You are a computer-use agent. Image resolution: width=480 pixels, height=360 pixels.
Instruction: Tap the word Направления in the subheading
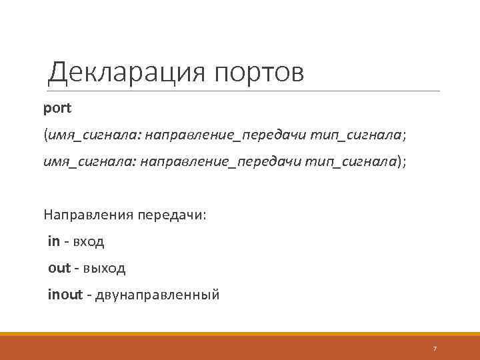[x=88, y=215]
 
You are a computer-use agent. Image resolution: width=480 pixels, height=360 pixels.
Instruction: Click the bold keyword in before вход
[x=54, y=241]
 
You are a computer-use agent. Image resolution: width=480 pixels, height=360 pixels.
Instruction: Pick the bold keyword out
[x=59, y=268]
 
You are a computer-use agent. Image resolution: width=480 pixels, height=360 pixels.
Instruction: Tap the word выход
[x=100, y=268]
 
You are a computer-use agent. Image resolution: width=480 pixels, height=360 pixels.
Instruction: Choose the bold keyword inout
[x=65, y=294]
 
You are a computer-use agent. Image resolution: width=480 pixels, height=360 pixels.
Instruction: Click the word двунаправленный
[x=157, y=295]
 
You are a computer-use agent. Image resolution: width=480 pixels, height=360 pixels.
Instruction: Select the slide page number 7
[x=435, y=348]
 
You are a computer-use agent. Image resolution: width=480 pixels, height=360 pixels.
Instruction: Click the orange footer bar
[x=240, y=347]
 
